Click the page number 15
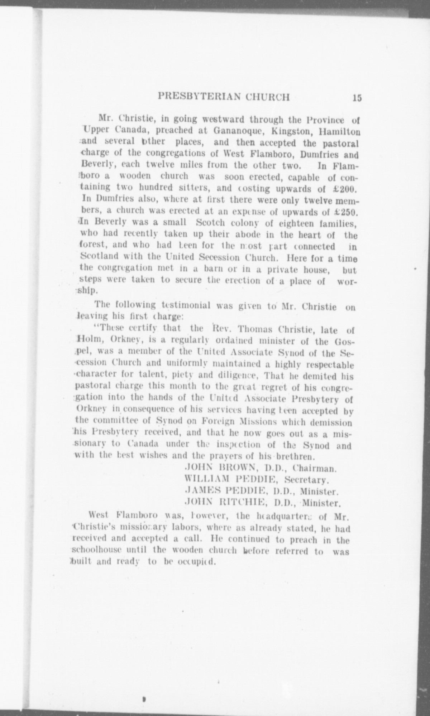click(357, 98)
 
